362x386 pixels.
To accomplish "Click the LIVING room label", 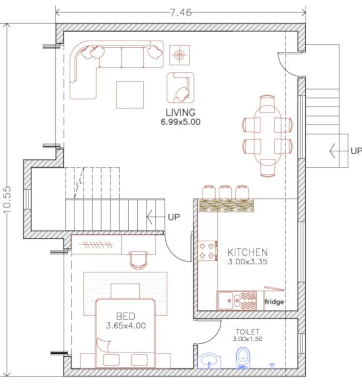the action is [180, 113].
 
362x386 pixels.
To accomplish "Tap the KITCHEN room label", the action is [247, 252].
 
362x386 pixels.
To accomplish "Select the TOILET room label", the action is [247, 332].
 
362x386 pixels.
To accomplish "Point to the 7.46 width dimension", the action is [181, 13].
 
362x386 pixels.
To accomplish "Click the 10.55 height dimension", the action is [7, 200].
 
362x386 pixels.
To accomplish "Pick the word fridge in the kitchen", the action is [274, 302].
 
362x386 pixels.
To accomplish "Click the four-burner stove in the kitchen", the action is [208, 251].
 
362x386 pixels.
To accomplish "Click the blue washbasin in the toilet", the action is [209, 361].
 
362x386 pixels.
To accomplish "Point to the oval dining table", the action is [267, 136].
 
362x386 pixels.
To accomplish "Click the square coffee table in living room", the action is [130, 95].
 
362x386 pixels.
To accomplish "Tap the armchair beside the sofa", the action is [180, 87].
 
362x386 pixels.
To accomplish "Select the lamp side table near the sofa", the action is [179, 55].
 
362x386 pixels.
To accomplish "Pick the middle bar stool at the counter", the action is [226, 192].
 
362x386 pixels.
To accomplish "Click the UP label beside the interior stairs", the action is [174, 217].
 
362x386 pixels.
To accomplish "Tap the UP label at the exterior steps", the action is [356, 151].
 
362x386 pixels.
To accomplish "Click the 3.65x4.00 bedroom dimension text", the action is [126, 326].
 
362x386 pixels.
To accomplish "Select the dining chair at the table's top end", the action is [267, 104].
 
